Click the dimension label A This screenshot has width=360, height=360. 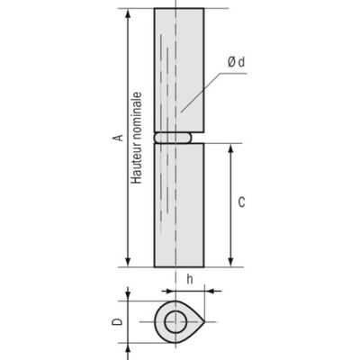(x=120, y=138)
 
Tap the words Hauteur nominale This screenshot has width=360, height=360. (x=137, y=138)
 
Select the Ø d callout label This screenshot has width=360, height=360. (x=236, y=62)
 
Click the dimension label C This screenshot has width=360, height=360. (x=241, y=202)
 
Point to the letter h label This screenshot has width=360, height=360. (x=190, y=280)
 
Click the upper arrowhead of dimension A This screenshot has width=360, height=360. (x=128, y=13)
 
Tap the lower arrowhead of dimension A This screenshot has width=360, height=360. (x=128, y=262)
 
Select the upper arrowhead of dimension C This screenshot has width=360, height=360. (x=230, y=148)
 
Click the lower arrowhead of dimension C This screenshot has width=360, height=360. (x=230, y=262)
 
